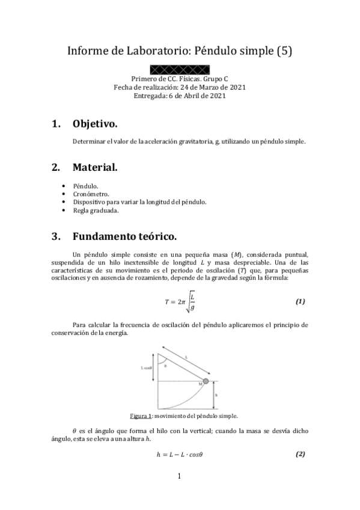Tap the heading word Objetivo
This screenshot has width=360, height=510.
(x=95, y=124)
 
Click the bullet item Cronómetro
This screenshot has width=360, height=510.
(x=90, y=194)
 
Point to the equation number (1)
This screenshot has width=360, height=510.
(x=301, y=301)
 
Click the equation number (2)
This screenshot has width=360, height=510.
(x=301, y=454)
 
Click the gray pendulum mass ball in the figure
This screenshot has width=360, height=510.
(x=206, y=381)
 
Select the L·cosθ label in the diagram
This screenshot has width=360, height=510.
(x=147, y=367)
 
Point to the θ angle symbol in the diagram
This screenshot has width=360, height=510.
(x=165, y=364)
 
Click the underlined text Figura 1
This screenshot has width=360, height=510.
(x=140, y=416)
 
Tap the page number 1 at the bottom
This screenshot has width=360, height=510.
(x=179, y=477)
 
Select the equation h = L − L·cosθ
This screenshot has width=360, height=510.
(x=179, y=455)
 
